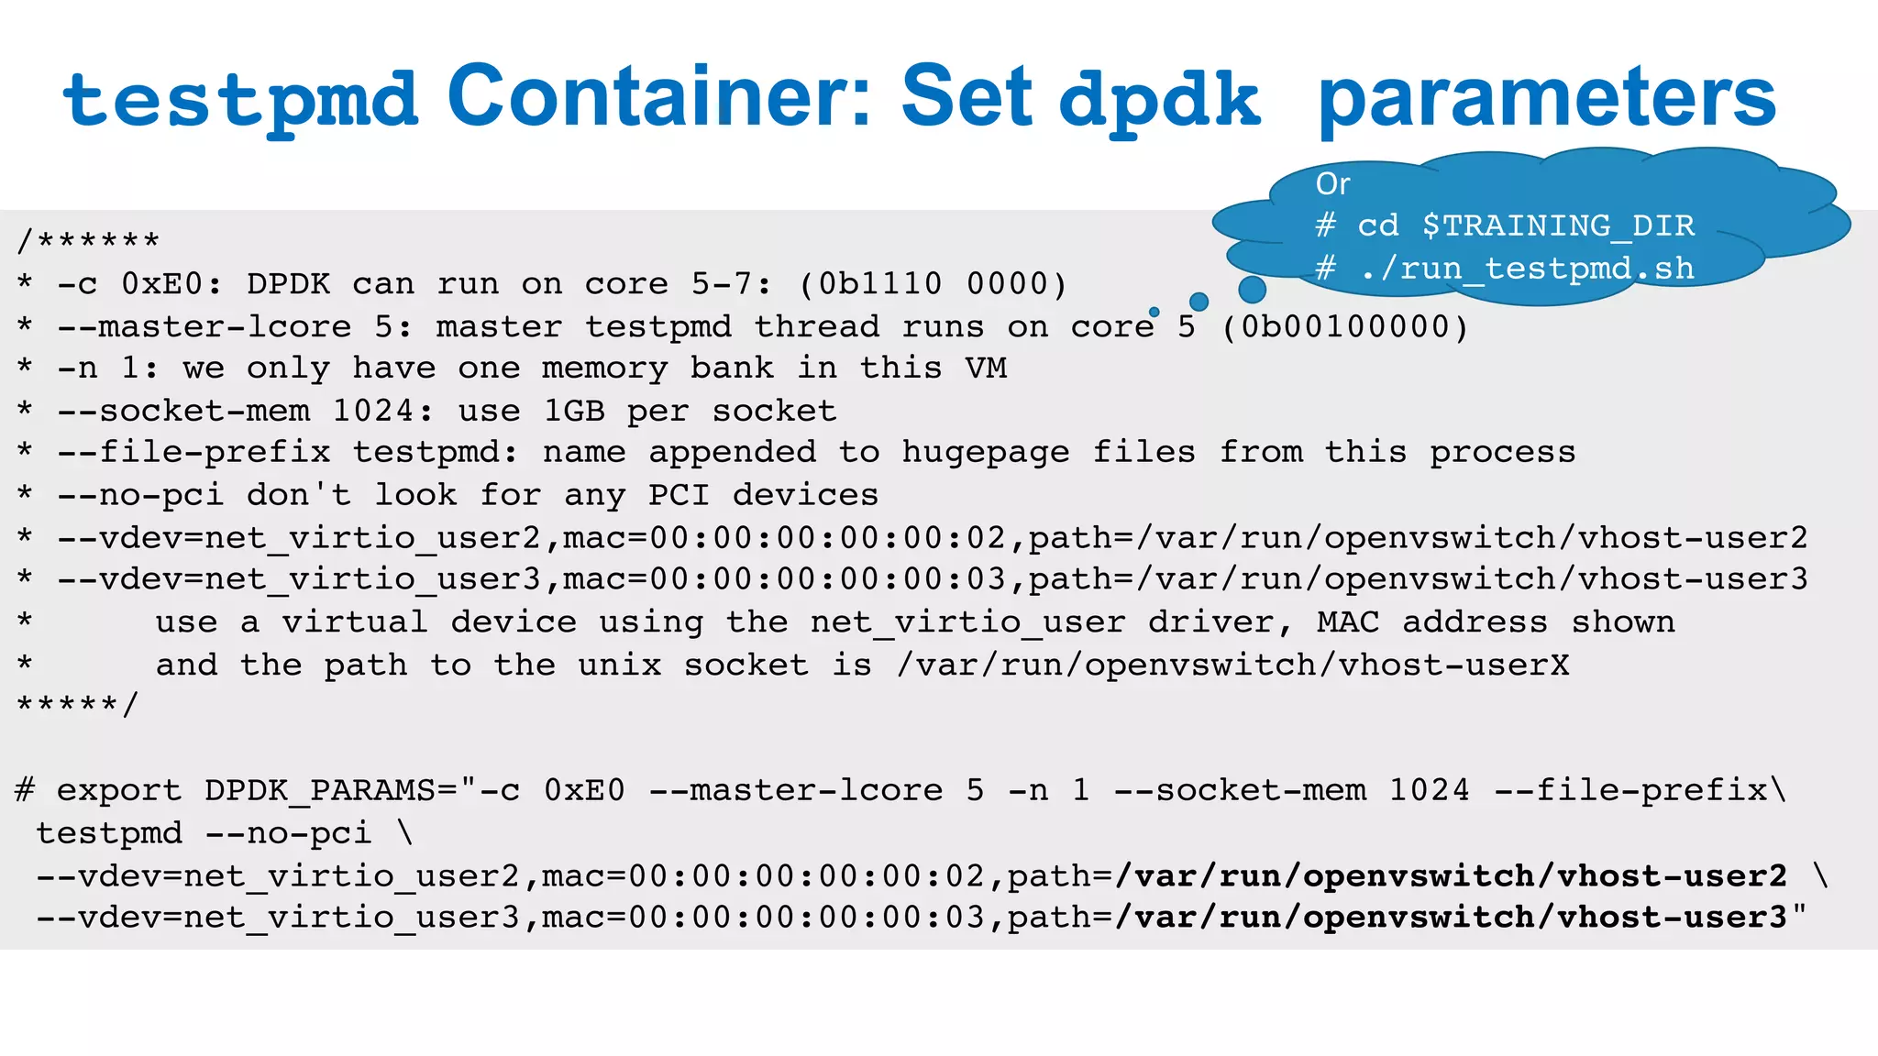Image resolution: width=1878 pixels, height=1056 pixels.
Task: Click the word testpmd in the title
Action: click(x=240, y=99)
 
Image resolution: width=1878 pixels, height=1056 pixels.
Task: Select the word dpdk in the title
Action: click(x=1159, y=99)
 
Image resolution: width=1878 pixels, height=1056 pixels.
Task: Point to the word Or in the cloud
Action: click(x=1332, y=184)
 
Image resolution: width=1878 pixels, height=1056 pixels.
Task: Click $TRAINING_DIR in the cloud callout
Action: click(x=1558, y=225)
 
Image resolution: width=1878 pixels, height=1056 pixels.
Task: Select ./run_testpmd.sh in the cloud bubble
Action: click(x=1527, y=268)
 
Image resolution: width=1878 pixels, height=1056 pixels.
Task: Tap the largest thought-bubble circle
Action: click(x=1252, y=290)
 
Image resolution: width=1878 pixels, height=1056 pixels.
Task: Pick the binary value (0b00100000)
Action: click(x=1345, y=326)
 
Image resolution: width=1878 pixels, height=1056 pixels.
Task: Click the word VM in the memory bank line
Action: click(x=986, y=368)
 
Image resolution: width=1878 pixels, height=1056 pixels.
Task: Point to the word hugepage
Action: click(x=986, y=453)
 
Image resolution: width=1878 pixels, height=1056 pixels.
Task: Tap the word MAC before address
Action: click(x=1348, y=622)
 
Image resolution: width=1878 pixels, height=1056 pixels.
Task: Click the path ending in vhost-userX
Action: click(x=1233, y=665)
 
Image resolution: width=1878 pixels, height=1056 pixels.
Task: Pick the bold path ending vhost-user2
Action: click(x=1452, y=876)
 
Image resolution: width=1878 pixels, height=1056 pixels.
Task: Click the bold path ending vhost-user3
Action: click(x=1452, y=918)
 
